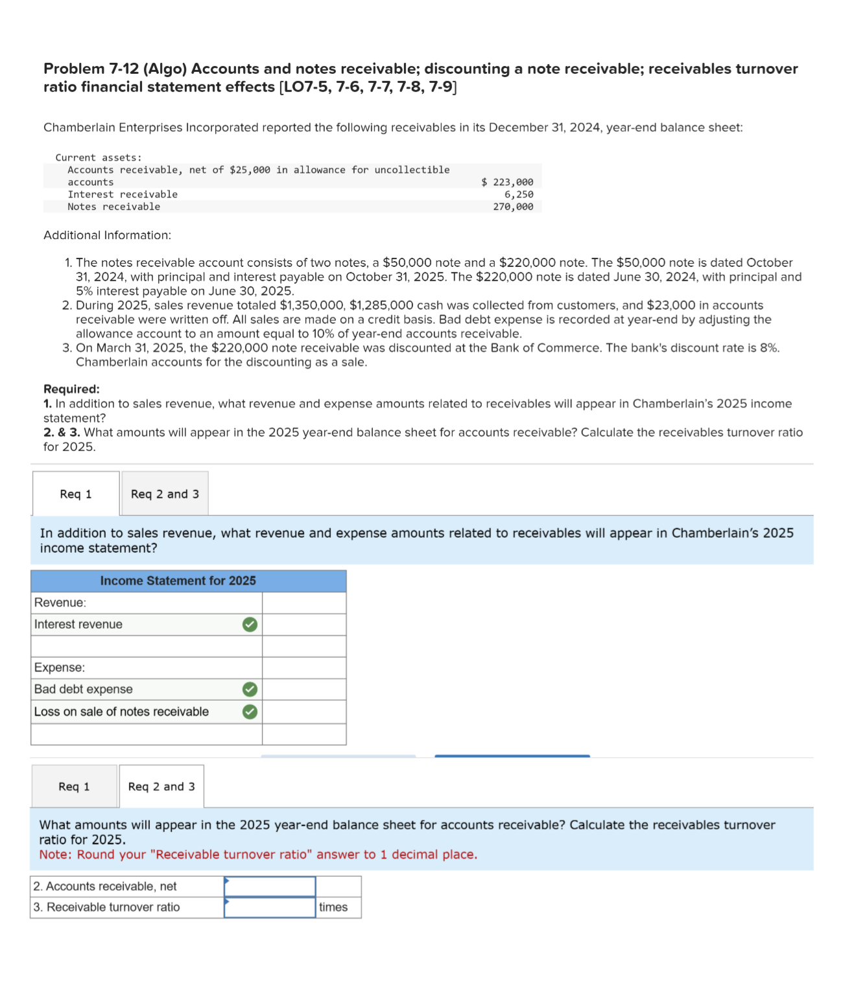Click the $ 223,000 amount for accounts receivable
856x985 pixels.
pos(507,182)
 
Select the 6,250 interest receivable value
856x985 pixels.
pos(519,194)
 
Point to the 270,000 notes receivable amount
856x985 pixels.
pos(513,207)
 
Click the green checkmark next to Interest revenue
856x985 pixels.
pos(250,624)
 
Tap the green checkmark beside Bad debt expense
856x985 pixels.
pos(250,689)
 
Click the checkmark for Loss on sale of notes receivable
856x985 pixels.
pos(250,712)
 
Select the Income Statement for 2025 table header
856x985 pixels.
pos(178,581)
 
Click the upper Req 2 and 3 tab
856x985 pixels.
pos(165,494)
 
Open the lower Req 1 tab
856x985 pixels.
pos(74,786)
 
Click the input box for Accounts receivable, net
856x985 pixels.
pos(270,886)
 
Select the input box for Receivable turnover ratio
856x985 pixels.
pos(270,907)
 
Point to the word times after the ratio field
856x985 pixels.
pos(333,907)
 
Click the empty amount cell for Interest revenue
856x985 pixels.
pos(303,624)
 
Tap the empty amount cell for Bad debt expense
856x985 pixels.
pos(303,689)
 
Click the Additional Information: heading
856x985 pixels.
pos(107,235)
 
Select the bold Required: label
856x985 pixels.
pos(71,389)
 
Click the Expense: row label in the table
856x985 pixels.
pos(60,667)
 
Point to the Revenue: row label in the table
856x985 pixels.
pos(60,603)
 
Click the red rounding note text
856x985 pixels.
pos(258,854)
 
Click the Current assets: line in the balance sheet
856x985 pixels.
pos(99,157)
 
